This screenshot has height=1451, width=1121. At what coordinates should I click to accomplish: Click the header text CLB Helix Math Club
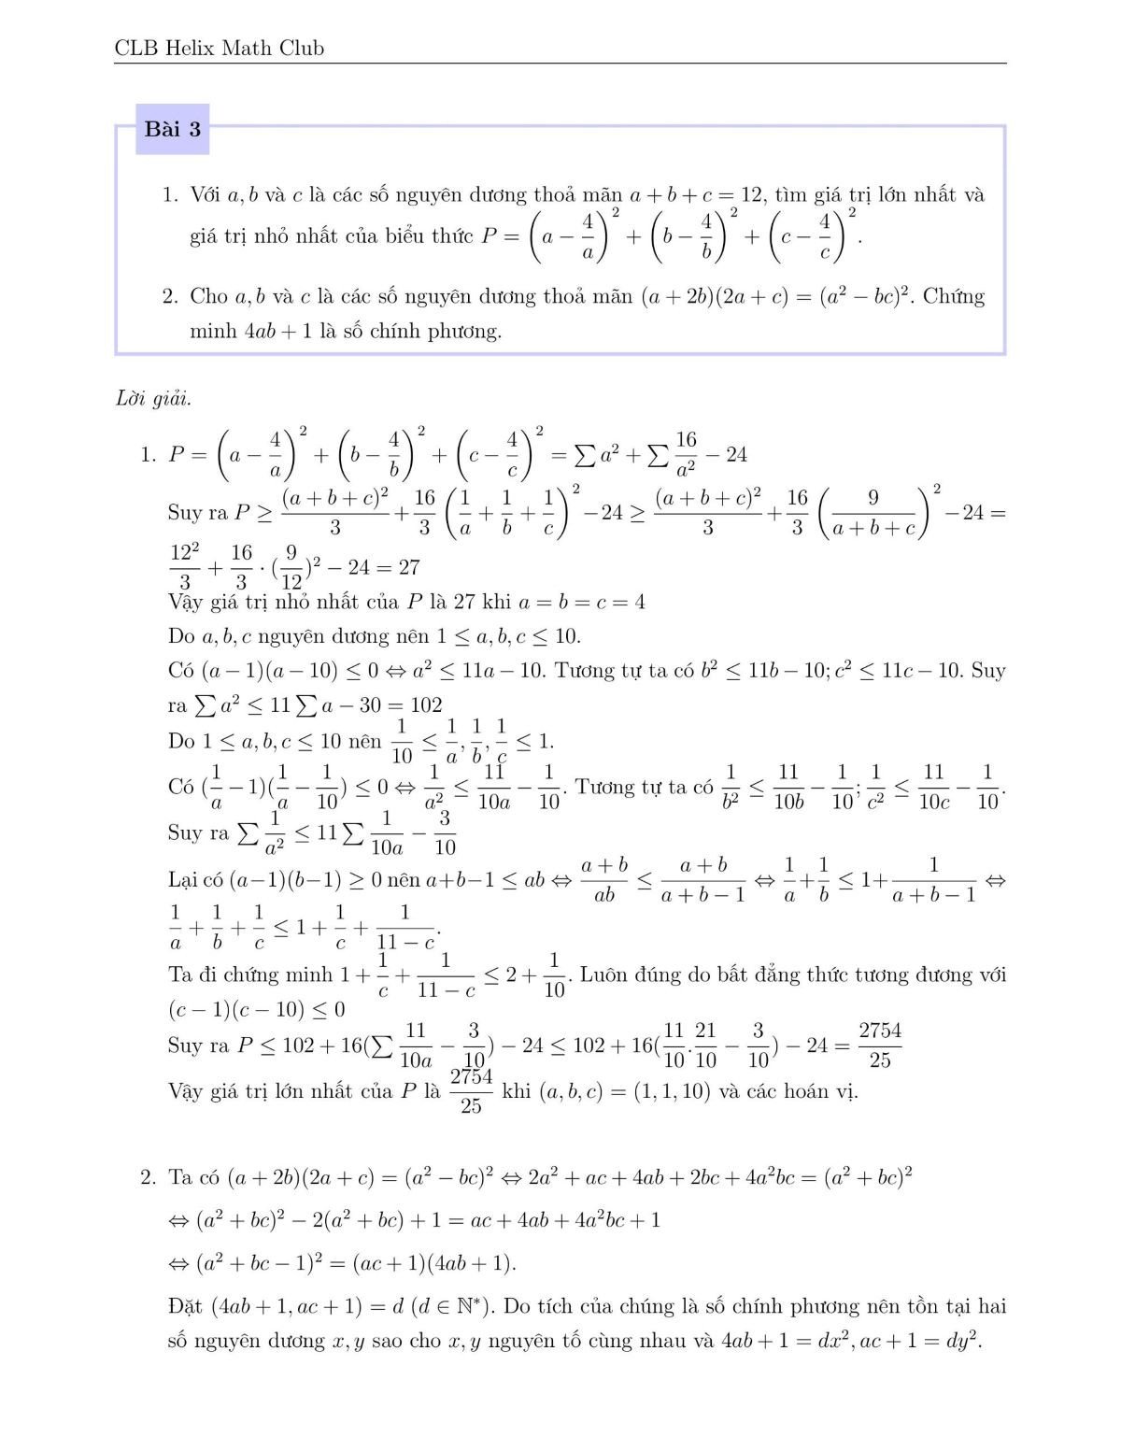[x=219, y=49]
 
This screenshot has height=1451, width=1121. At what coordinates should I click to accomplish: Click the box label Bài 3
[x=172, y=129]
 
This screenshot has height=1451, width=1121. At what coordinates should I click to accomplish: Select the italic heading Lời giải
[x=153, y=399]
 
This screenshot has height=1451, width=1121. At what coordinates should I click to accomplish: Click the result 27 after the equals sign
[x=408, y=567]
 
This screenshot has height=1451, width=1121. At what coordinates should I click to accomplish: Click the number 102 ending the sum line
[x=425, y=705]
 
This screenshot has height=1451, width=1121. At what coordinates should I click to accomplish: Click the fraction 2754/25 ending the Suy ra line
[x=880, y=1045]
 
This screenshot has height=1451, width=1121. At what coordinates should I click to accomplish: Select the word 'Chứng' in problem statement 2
[x=954, y=297]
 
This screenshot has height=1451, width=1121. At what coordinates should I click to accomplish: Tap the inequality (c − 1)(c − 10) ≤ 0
[x=257, y=1009]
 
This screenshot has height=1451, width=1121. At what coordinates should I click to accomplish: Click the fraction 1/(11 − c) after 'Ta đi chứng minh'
[x=446, y=975]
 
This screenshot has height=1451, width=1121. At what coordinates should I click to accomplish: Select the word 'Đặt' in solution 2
[x=186, y=1306]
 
